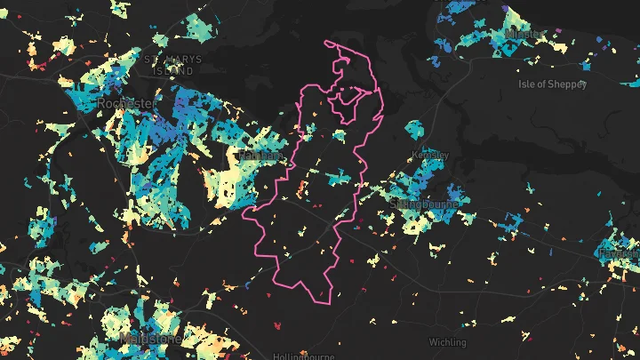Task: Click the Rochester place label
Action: click(x=128, y=104)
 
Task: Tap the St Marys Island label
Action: click(x=172, y=66)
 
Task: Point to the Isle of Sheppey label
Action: click(x=553, y=84)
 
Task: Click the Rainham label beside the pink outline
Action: click(x=260, y=156)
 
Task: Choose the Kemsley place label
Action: click(x=432, y=155)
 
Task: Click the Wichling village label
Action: click(x=447, y=341)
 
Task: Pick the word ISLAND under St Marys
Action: click(x=172, y=71)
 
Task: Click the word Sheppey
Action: click(x=569, y=84)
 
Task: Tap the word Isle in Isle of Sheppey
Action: click(x=527, y=84)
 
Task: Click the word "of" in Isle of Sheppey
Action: click(x=543, y=84)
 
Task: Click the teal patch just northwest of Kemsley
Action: click(x=413, y=127)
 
